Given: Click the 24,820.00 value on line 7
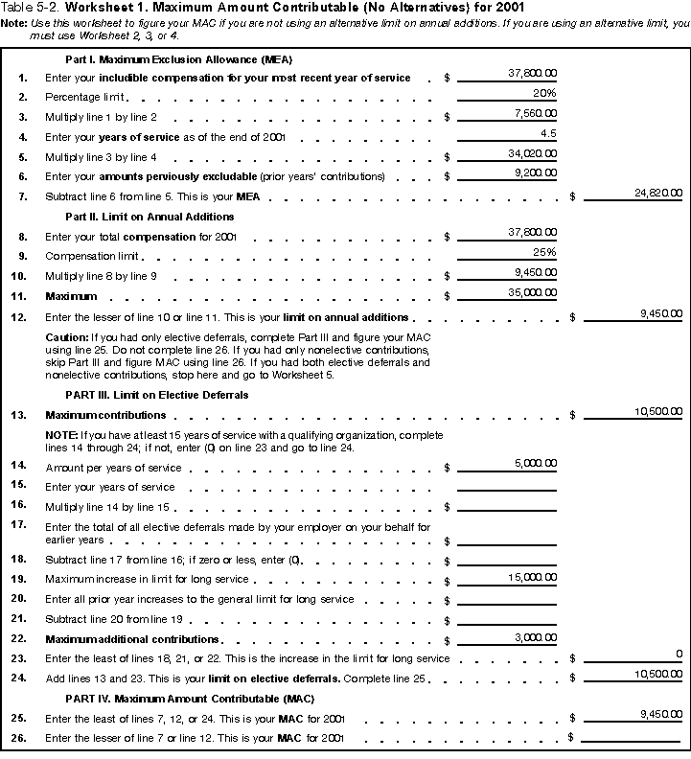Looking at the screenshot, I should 658,194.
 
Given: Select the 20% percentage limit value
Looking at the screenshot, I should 544,93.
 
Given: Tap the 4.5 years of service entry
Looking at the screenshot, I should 548,133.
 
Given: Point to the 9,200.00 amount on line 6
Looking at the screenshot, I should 534,173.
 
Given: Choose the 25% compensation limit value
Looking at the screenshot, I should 544,252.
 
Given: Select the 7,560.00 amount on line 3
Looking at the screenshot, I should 534,113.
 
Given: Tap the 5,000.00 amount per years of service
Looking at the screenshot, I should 534,463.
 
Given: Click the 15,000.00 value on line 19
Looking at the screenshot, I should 531,577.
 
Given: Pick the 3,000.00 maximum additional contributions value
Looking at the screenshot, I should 534,636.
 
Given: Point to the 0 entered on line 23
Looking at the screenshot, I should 678,654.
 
